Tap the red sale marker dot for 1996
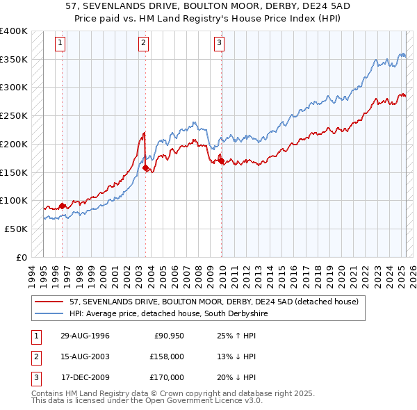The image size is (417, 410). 62,206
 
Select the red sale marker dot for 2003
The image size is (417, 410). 145,167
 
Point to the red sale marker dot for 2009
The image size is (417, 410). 221,161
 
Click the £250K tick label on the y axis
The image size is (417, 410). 14,115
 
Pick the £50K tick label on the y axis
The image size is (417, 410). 16,229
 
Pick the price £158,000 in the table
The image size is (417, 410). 167,356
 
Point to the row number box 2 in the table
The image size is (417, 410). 35,356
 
